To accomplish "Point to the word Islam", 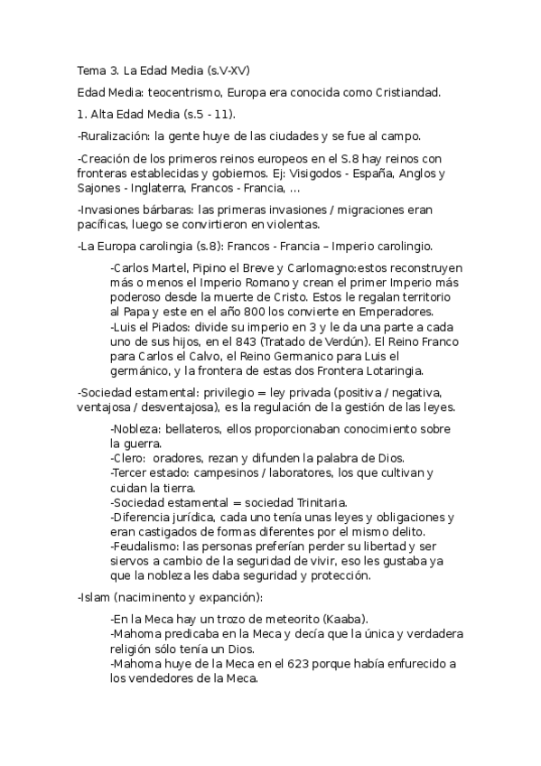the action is [93, 597].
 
